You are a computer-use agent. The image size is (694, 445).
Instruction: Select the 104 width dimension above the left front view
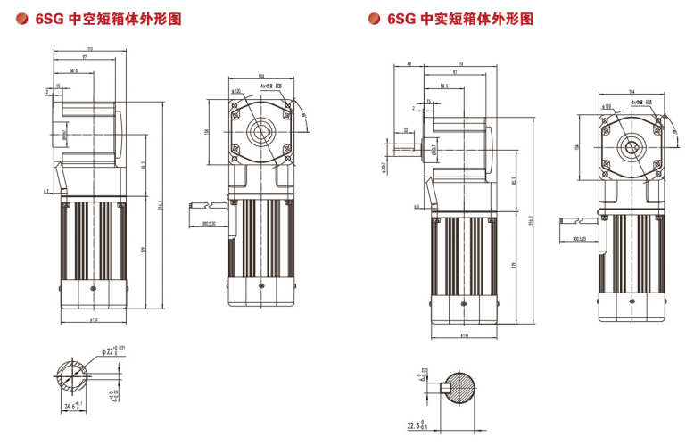[260, 76]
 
